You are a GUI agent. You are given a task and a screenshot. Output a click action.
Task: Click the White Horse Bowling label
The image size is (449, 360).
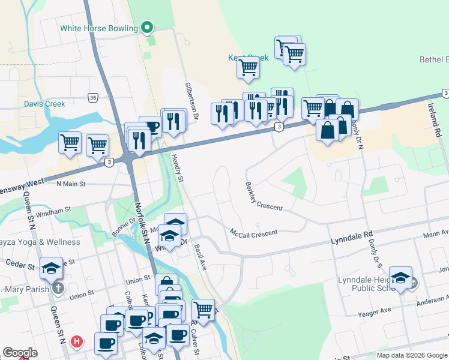(x=99, y=28)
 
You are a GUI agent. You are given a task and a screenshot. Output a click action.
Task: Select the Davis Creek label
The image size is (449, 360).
(x=44, y=104)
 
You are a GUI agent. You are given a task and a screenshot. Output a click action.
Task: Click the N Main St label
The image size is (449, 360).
(x=71, y=184)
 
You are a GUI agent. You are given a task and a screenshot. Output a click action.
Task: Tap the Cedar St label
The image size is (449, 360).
(x=16, y=263)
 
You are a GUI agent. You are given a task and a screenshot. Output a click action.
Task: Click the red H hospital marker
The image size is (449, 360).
(x=77, y=342)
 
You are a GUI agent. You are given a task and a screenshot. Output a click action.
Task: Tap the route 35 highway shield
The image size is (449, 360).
(x=92, y=97)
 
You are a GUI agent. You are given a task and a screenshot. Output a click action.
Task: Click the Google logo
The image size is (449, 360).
(x=20, y=353)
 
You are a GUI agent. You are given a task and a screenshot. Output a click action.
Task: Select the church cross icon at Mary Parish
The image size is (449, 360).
(x=58, y=288)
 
